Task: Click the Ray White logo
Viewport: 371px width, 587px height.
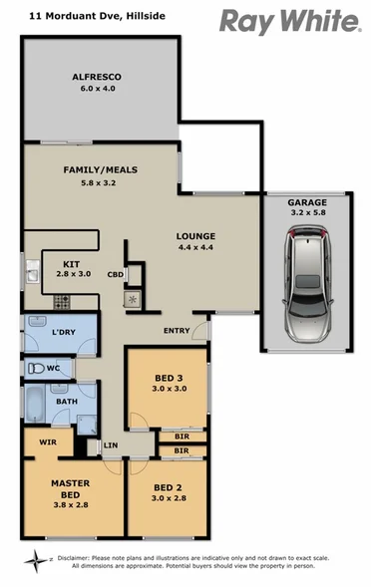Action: (289, 21)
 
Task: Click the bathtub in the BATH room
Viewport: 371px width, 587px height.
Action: (37, 408)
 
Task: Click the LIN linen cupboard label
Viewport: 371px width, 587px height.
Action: (110, 444)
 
